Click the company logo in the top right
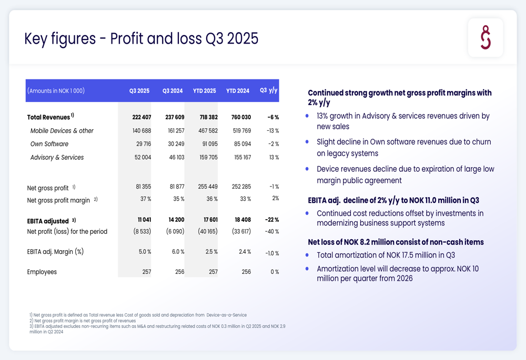pos(485,37)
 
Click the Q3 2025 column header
pos(139,91)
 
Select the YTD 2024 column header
pos(238,91)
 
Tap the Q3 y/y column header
pos(268,90)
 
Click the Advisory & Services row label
pos(57,157)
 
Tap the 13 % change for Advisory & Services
pos(274,157)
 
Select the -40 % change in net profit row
pos(272,232)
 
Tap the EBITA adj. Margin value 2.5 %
pos(211,252)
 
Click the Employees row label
pos(42,272)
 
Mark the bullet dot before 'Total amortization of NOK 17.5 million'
pos(307,255)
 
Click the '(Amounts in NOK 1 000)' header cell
pos(56,91)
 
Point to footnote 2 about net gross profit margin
pos(83,321)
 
